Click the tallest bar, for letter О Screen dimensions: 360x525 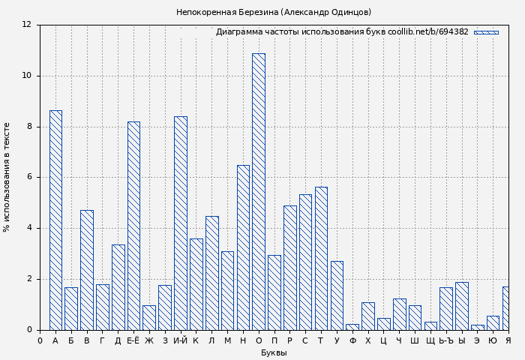click(258, 191)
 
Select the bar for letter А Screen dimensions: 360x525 click(55, 220)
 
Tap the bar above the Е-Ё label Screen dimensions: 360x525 click(133, 225)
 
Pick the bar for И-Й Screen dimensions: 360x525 click(180, 223)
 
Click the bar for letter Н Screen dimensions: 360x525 click(243, 247)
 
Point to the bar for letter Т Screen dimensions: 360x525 click(321, 258)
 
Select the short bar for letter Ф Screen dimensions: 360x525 click(352, 327)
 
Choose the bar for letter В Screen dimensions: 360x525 click(87, 270)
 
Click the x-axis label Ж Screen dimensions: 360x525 click(149, 341)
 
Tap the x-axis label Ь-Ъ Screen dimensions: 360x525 click(446, 341)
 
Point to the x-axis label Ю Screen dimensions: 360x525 click(493, 341)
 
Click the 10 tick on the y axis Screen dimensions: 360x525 click(27, 76)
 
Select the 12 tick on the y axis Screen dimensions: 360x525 click(27, 25)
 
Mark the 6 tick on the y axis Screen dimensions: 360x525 click(29, 178)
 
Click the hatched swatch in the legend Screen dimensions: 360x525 click(486, 32)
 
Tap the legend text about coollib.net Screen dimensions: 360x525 click(342, 32)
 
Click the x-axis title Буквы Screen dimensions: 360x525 click(274, 353)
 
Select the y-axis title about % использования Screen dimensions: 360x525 click(7, 177)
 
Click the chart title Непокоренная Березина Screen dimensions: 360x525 click(274, 12)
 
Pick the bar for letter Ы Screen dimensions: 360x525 click(461, 306)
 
